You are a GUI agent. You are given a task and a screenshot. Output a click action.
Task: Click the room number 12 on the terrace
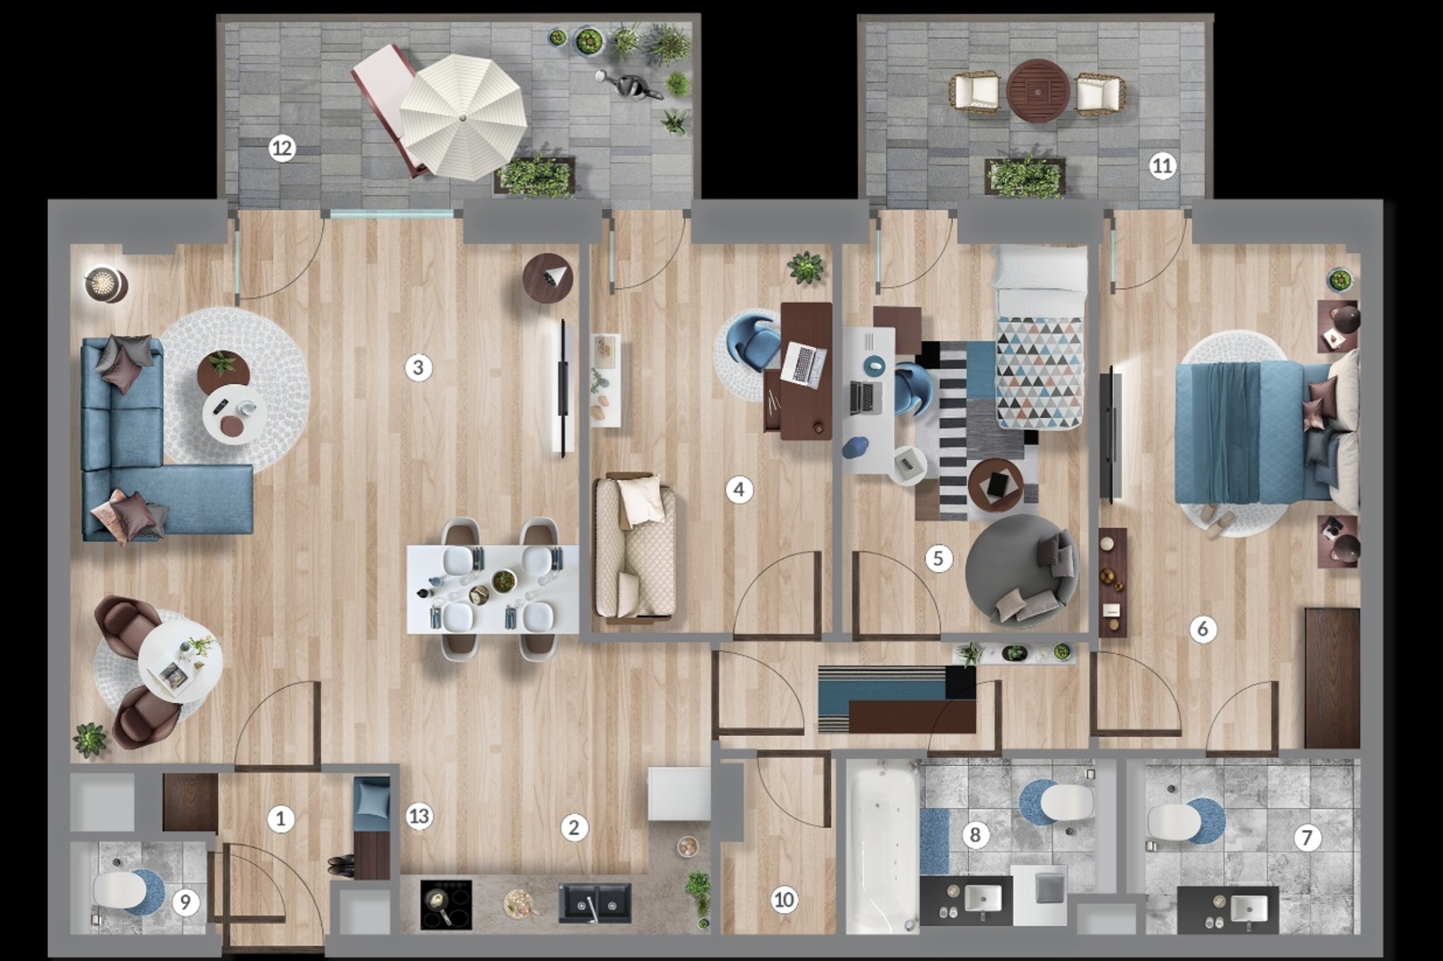(281, 149)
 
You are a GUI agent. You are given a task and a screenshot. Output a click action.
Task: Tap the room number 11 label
(1162, 166)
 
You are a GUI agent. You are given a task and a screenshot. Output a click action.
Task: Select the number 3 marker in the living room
(418, 368)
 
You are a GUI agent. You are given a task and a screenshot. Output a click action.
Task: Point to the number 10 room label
(784, 899)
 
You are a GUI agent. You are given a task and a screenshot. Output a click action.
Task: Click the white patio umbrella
(464, 117)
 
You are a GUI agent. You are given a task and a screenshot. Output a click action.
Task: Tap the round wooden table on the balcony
(1038, 91)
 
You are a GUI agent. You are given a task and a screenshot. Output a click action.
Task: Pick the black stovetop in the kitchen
(446, 904)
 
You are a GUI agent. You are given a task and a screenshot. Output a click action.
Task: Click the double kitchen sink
(594, 903)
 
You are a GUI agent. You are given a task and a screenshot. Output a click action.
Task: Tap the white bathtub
(883, 846)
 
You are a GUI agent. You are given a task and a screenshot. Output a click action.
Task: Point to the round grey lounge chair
(1022, 569)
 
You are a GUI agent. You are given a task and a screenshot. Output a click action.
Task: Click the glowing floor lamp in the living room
(106, 284)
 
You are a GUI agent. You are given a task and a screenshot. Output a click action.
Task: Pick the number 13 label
(419, 817)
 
